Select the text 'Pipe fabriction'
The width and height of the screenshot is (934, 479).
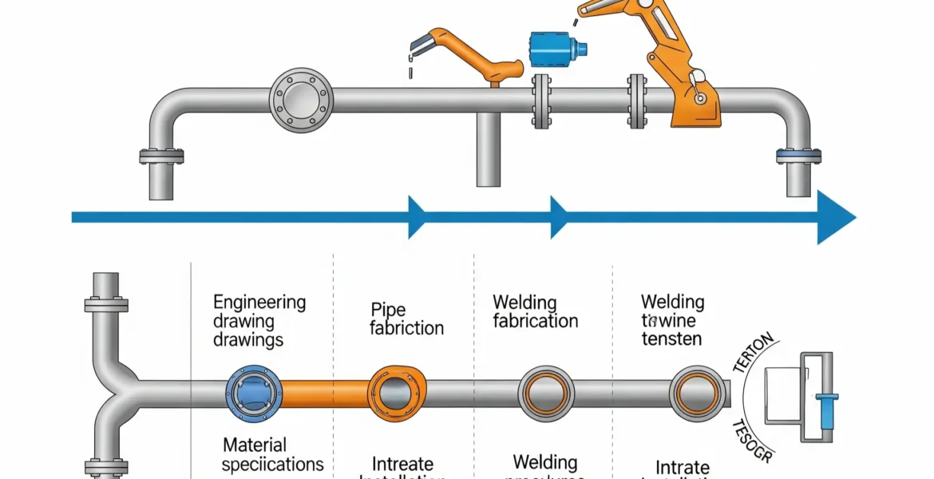tap(406, 319)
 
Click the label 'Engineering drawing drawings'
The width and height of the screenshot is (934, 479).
tap(259, 321)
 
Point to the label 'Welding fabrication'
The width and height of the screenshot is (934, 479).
tap(535, 312)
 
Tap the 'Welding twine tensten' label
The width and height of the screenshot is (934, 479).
tap(672, 320)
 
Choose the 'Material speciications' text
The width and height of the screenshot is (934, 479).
tap(272, 454)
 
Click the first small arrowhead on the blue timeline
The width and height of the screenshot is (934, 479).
tap(418, 217)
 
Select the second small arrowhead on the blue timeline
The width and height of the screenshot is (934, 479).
tap(559, 217)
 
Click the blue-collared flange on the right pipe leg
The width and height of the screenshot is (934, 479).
tap(798, 156)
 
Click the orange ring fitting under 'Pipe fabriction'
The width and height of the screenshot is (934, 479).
tap(392, 392)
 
